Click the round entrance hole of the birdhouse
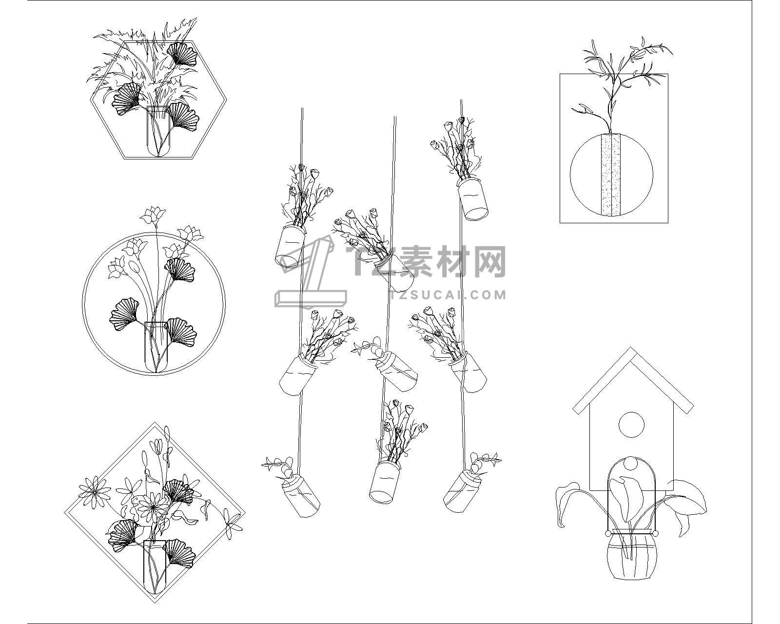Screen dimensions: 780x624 click(x=631, y=425)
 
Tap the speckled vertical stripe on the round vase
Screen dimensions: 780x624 click(x=611, y=175)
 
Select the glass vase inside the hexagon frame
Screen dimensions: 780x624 click(x=158, y=131)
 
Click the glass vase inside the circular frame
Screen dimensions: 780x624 click(x=156, y=347)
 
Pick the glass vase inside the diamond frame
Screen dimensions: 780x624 click(x=155, y=572)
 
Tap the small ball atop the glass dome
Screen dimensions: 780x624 click(x=631, y=464)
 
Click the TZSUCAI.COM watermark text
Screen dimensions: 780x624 click(x=448, y=294)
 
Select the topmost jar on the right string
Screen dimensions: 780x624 click(x=472, y=199)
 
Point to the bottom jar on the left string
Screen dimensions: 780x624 click(x=301, y=496)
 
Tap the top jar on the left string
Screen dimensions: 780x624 click(x=291, y=246)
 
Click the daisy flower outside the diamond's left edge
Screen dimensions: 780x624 click(x=95, y=492)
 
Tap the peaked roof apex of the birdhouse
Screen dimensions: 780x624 click(x=631, y=348)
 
